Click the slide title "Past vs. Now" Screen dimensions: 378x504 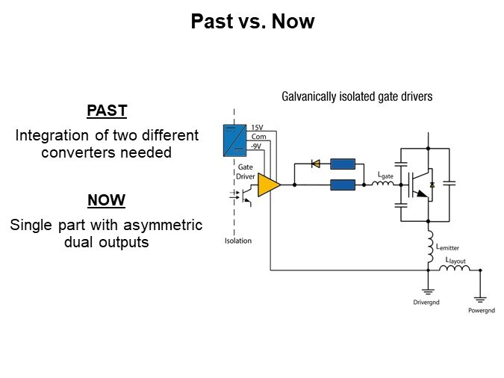point(252,22)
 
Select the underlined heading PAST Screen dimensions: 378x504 point(107,111)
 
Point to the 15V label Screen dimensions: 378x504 point(256,128)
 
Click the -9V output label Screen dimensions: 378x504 point(256,145)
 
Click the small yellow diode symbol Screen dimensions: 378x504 point(315,163)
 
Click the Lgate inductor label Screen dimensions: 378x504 point(385,176)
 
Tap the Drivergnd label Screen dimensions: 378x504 point(428,303)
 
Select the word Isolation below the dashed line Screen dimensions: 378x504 point(238,241)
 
